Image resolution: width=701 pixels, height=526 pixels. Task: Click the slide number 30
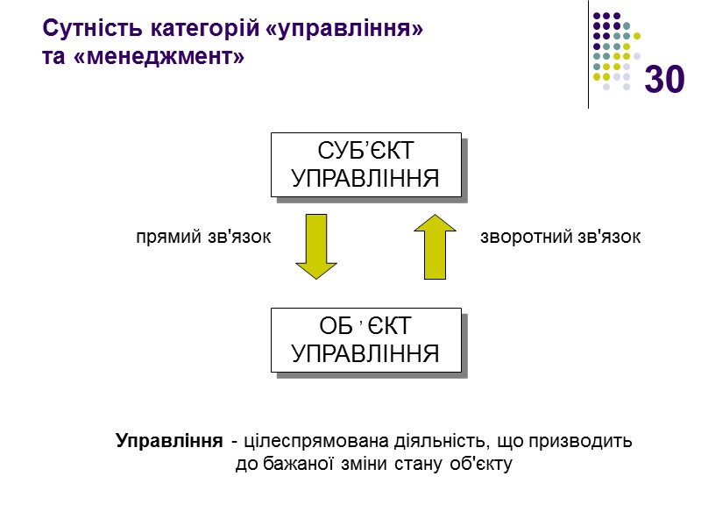664,80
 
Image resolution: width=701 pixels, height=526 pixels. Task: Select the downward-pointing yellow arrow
316,247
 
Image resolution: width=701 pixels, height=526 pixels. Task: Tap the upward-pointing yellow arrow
435,247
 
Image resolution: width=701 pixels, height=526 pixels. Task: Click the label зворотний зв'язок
561,237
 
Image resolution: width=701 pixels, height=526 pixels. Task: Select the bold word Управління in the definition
168,440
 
